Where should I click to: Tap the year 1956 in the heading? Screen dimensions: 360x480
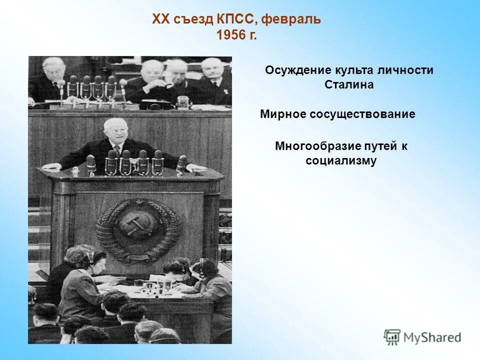[x=231, y=36]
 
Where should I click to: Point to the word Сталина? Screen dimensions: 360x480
[x=349, y=84]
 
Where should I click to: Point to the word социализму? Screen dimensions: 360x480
[x=341, y=161]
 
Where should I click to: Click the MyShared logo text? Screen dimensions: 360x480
[x=432, y=337]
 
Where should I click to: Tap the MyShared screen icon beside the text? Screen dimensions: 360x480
[x=392, y=337]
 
